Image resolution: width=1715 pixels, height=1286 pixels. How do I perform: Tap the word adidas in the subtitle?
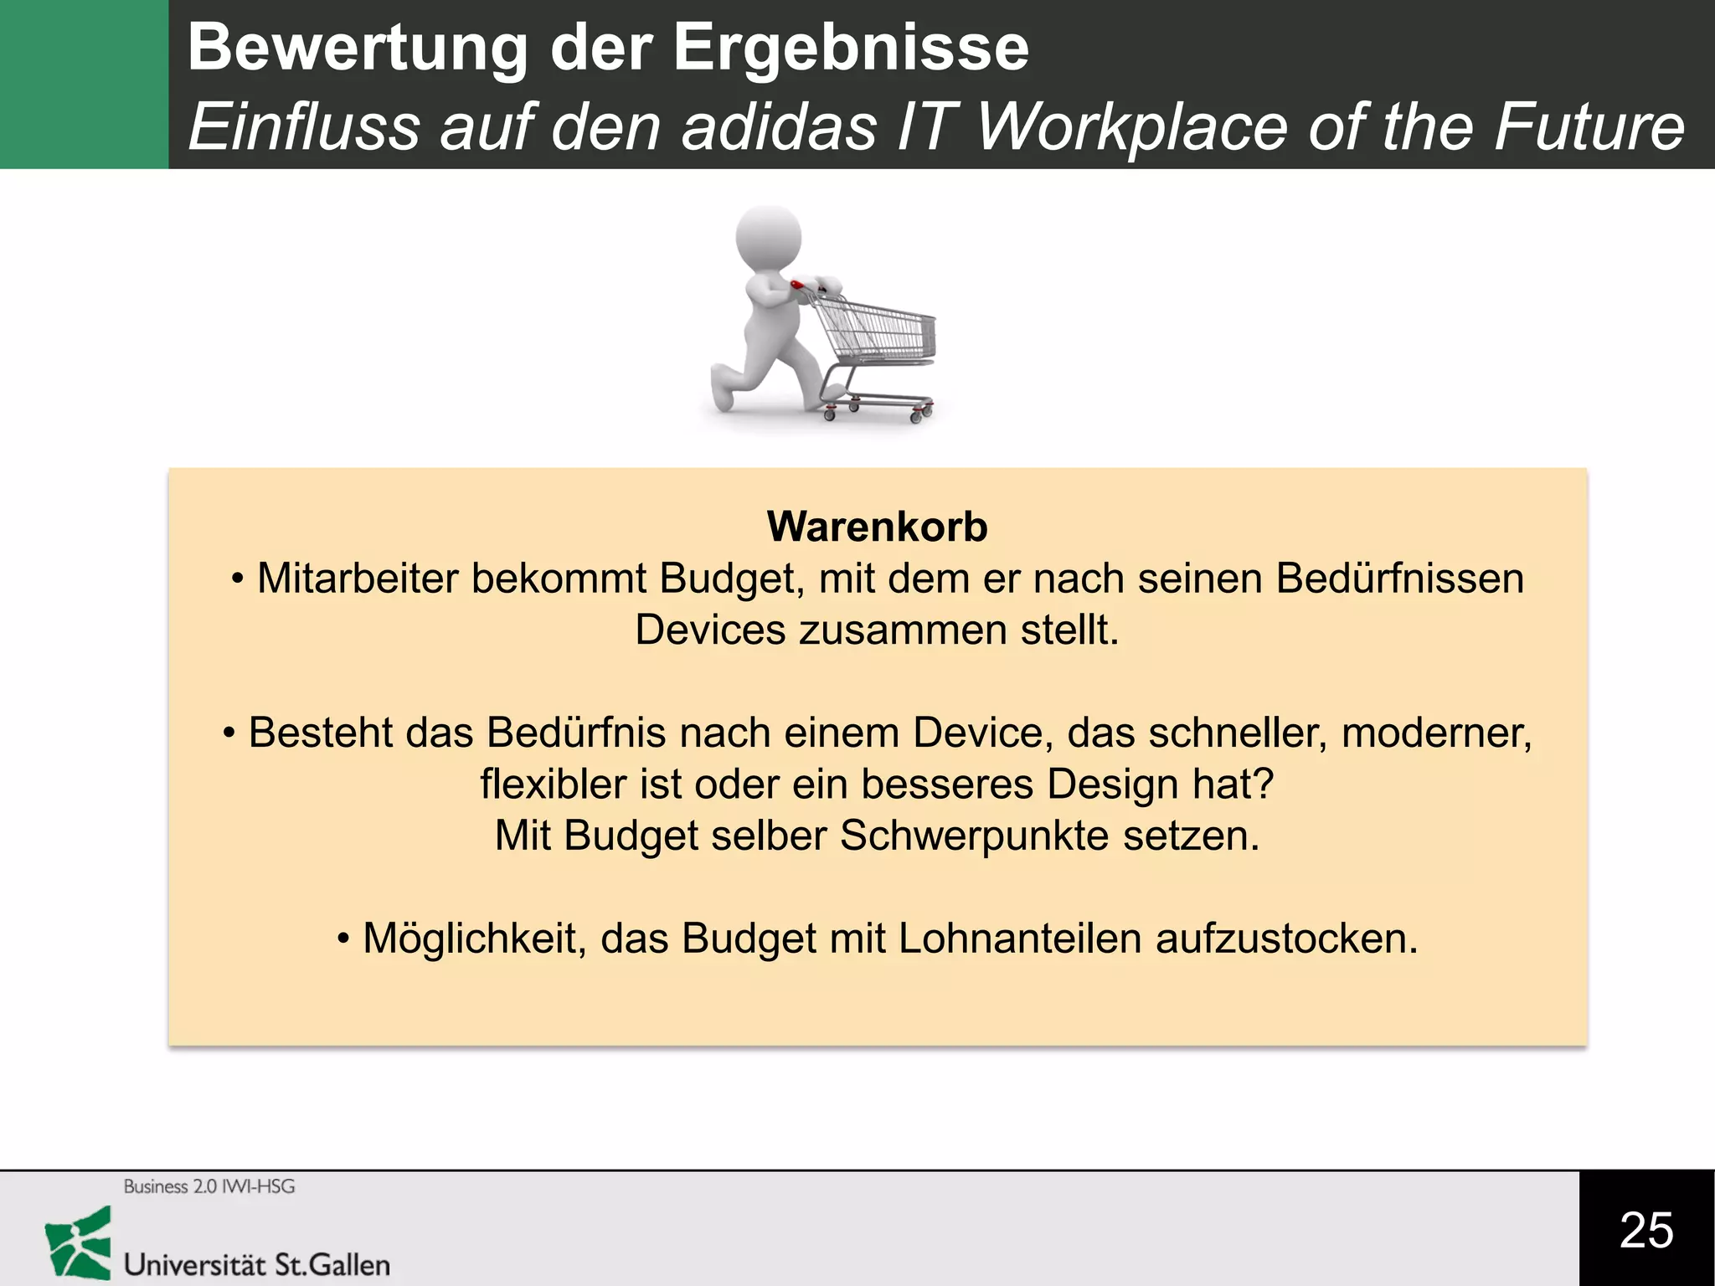[778, 127]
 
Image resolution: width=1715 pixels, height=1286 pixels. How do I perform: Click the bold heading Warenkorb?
[877, 527]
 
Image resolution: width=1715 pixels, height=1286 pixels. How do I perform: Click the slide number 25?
[1646, 1229]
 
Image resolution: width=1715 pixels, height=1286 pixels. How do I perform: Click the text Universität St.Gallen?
[257, 1264]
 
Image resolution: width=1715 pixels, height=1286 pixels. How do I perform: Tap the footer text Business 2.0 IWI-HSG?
[209, 1186]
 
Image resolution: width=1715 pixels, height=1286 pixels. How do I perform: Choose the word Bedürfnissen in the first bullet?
[1399, 579]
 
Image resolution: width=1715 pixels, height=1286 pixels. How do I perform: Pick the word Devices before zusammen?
[710, 630]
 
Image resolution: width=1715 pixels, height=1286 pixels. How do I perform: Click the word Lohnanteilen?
[1020, 939]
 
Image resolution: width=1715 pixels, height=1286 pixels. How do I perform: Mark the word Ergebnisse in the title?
[851, 48]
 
